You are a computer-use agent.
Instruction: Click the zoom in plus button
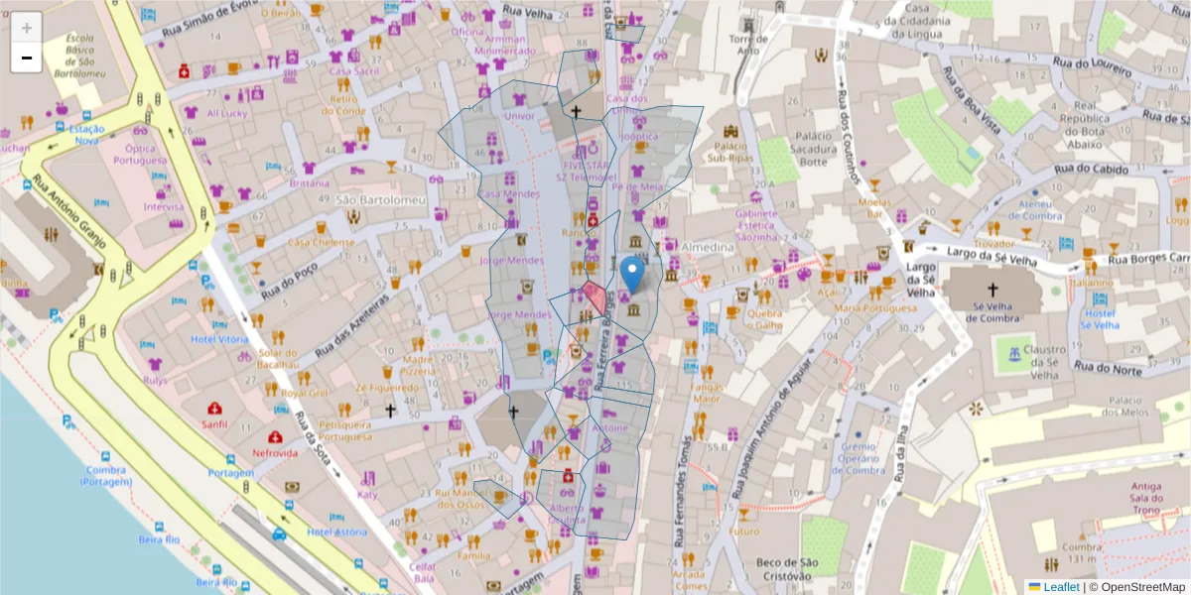point(27,28)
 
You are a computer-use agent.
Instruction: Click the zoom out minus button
point(27,58)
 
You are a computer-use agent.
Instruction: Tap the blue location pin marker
point(632,274)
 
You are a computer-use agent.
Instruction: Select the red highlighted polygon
point(594,298)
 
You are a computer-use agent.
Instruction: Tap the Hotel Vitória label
point(219,339)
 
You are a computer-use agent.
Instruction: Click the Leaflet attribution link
point(1060,587)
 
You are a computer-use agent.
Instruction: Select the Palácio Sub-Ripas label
point(732,151)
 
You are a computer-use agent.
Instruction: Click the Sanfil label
point(213,424)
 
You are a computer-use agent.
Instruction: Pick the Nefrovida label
point(275,453)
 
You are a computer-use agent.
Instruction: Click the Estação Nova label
point(85,135)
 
